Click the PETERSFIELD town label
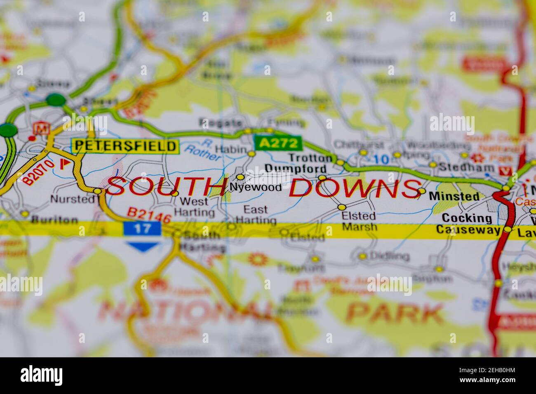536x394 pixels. click(x=126, y=146)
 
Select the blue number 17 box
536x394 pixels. click(x=142, y=228)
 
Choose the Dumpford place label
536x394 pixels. click(x=296, y=169)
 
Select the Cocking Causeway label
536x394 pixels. click(x=468, y=224)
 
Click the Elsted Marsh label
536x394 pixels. click(x=359, y=221)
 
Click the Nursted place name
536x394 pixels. click(x=72, y=199)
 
